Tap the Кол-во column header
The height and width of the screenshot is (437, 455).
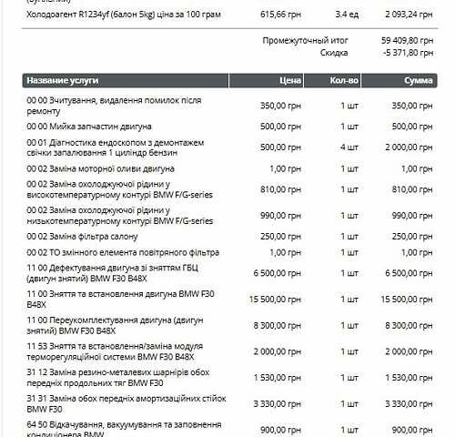(x=345, y=80)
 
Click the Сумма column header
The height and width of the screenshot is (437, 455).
(x=419, y=80)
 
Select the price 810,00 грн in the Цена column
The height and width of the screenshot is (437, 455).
(x=268, y=190)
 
